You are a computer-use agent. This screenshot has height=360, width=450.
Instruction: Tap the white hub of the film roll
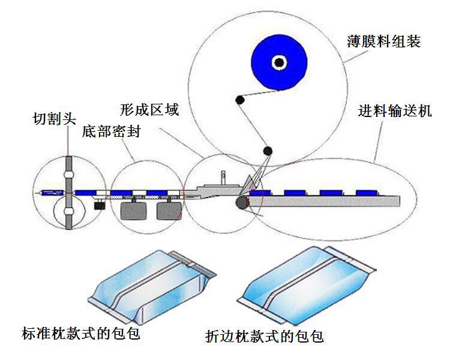coord(278,61)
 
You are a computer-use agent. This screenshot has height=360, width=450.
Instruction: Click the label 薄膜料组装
coord(383,41)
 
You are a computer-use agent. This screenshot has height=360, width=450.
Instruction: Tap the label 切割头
coord(55,119)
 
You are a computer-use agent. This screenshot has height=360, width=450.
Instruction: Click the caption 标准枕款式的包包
coord(80,333)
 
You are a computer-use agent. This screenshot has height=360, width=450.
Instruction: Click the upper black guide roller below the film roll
coord(239,99)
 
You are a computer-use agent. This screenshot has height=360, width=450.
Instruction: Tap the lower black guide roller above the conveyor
coord(267,151)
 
